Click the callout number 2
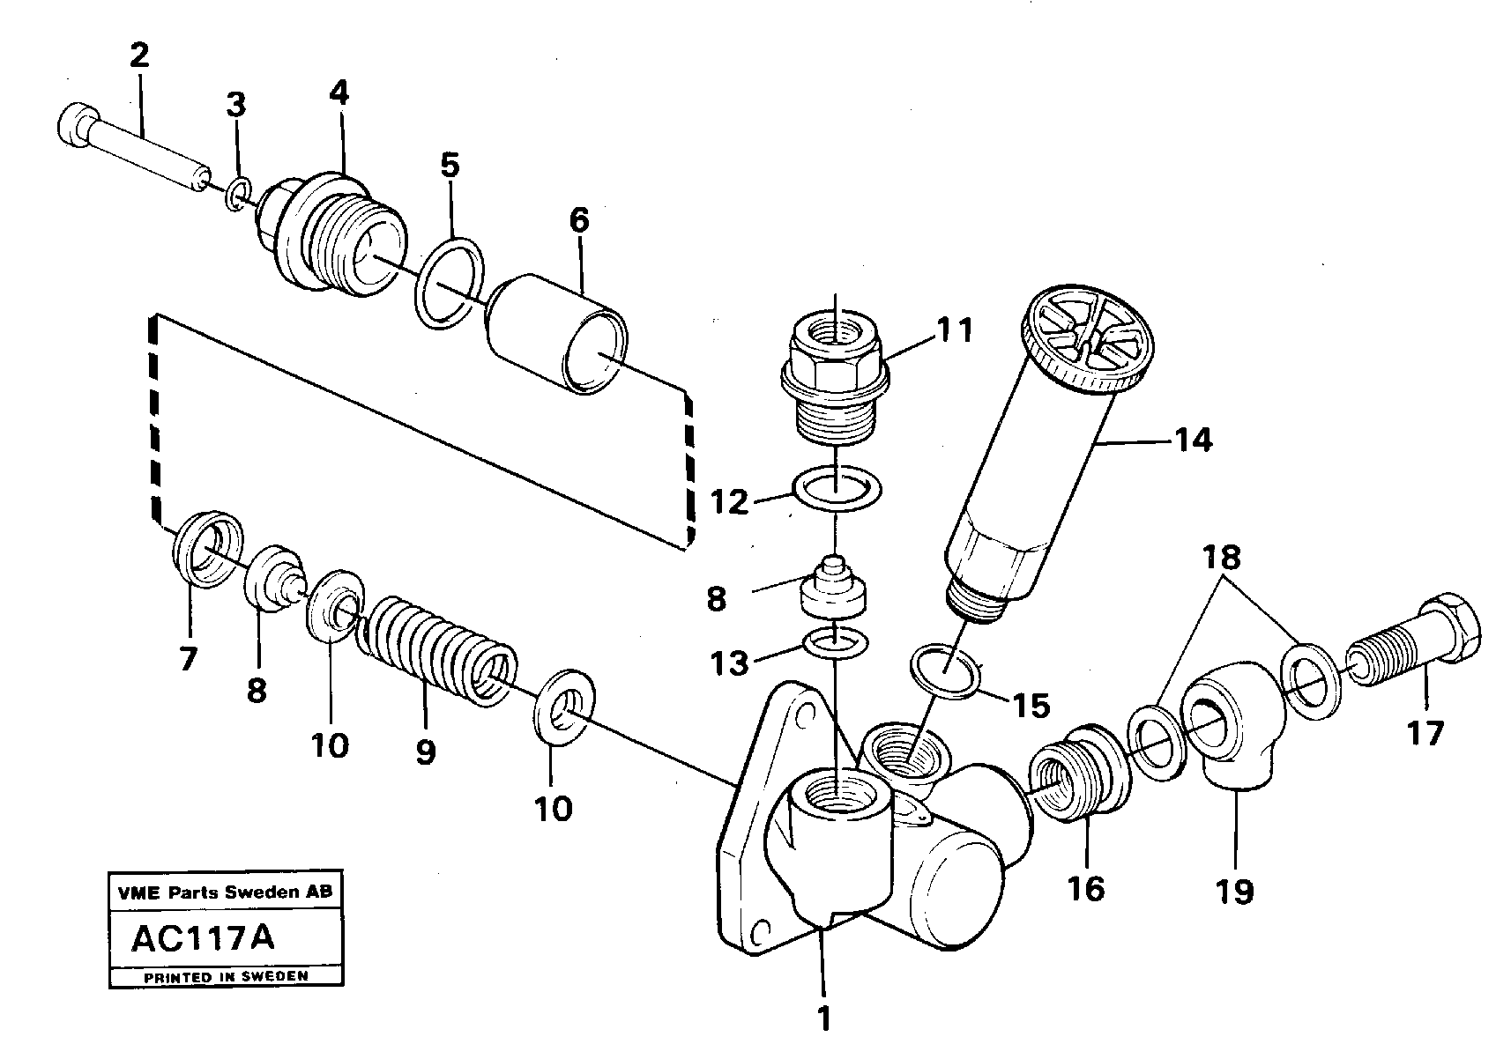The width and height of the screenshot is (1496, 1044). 138,56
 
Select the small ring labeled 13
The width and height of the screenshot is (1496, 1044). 836,643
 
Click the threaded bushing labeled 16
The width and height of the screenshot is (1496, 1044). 1082,771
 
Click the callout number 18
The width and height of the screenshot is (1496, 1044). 1221,558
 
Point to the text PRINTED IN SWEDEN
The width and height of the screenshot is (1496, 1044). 226,976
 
